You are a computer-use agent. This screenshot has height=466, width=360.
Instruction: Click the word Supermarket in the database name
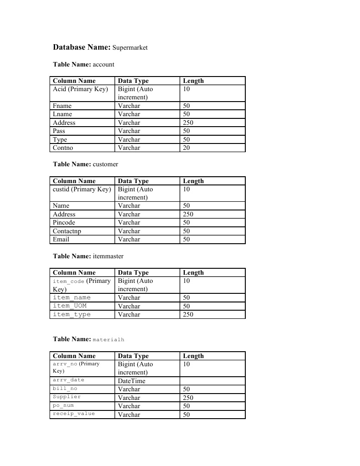130,47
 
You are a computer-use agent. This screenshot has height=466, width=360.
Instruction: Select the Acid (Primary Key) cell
80,89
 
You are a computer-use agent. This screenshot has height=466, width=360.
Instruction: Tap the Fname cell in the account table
62,106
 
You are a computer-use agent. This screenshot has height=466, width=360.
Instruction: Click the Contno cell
63,148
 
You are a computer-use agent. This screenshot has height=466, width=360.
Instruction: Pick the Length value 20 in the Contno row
187,148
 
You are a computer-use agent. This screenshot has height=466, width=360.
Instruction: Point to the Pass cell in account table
59,131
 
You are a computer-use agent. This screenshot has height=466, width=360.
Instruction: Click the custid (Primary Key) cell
82,189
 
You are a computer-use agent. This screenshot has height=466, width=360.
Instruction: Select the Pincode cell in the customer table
64,223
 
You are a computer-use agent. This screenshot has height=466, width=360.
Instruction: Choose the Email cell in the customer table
61,240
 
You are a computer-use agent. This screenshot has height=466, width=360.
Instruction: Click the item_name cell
72,298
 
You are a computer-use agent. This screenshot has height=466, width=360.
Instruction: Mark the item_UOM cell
70,306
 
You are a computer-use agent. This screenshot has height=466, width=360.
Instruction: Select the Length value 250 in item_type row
188,315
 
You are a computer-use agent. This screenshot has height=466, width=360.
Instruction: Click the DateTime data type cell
132,381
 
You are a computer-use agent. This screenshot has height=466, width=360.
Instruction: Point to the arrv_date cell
69,380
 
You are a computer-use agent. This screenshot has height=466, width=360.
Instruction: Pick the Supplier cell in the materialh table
67,397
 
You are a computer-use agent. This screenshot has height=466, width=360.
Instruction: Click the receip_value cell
74,414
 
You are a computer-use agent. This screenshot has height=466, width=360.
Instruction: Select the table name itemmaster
108,256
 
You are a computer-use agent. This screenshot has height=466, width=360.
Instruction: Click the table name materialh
108,340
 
